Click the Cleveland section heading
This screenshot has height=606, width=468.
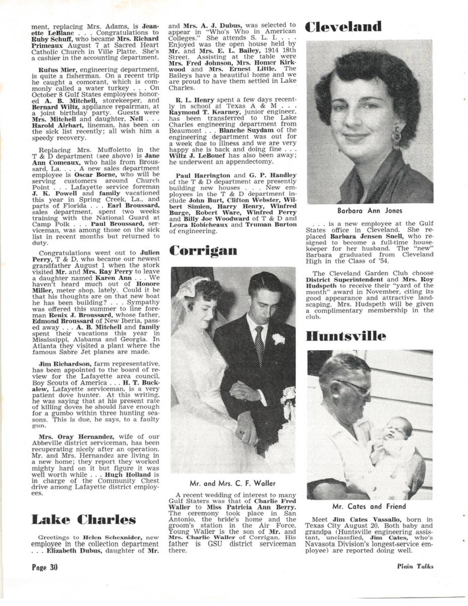point(343,26)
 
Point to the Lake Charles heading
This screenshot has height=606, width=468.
point(83,520)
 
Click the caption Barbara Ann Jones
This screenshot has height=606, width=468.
point(371,212)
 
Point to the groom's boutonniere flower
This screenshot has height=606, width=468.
point(278,339)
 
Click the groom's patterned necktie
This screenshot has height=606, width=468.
point(259,343)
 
